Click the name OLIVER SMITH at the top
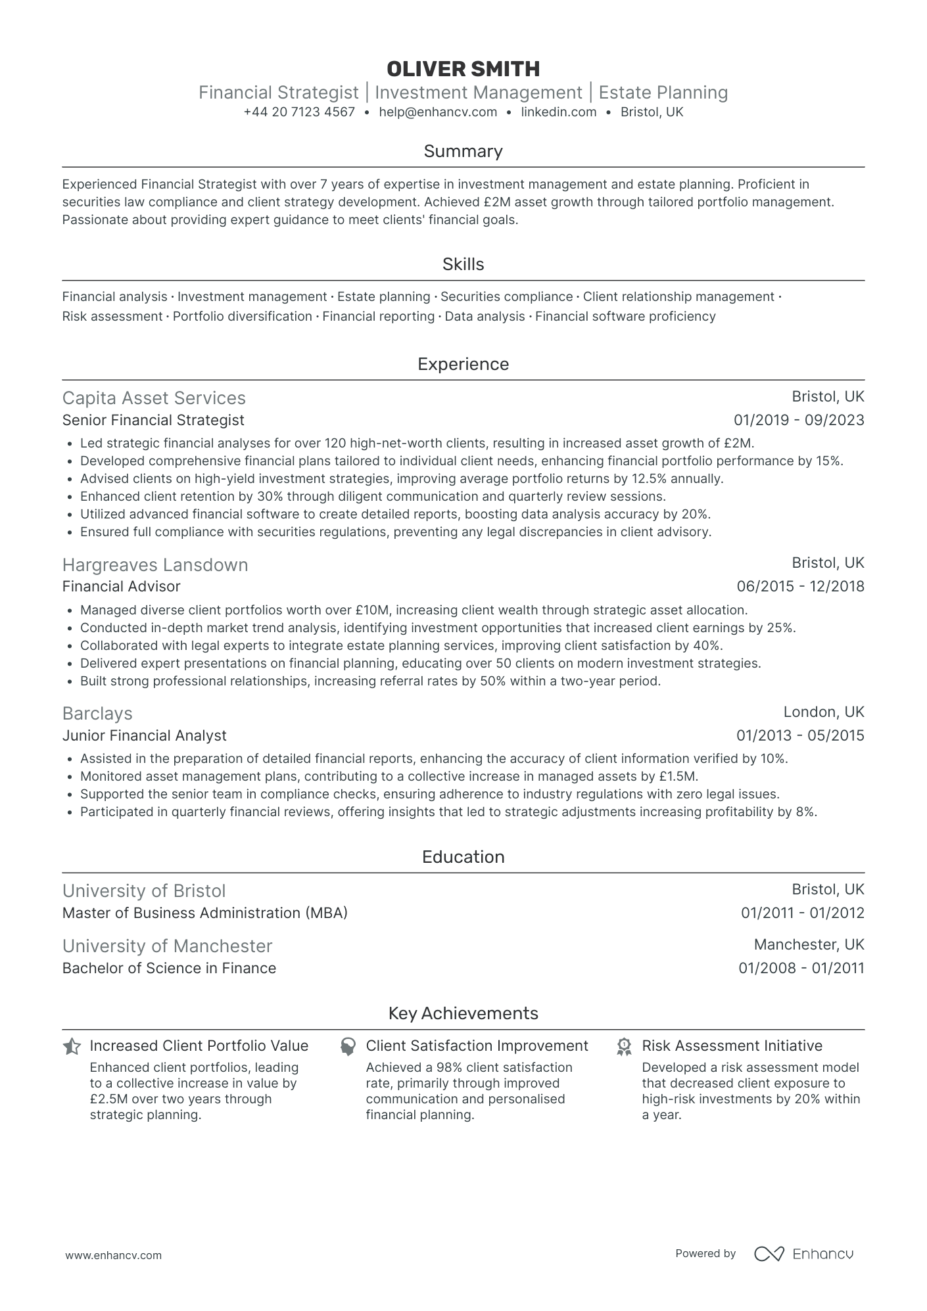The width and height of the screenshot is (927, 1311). pyautogui.click(x=463, y=68)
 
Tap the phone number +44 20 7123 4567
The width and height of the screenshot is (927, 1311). pyautogui.click(x=299, y=112)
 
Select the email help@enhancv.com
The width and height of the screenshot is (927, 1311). pyautogui.click(x=438, y=112)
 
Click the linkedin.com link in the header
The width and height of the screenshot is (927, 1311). pyautogui.click(x=558, y=112)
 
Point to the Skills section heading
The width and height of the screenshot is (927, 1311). pyautogui.click(x=463, y=264)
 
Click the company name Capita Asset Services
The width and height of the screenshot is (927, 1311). pyautogui.click(x=154, y=398)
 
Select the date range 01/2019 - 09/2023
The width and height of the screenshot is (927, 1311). pyautogui.click(x=799, y=420)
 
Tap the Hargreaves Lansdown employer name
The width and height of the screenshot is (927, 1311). pyautogui.click(x=155, y=565)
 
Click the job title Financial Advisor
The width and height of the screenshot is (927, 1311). pyautogui.click(x=121, y=586)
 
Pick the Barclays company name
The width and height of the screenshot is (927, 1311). pyautogui.click(x=97, y=714)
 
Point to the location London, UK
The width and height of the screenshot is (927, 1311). pyautogui.click(x=824, y=712)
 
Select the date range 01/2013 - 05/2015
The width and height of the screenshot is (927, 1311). pyautogui.click(x=800, y=735)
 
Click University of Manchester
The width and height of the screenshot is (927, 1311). pyautogui.click(x=167, y=946)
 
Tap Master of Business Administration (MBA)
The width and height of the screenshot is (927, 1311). pyautogui.click(x=205, y=913)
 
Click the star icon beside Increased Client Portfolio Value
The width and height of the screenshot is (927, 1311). pyautogui.click(x=72, y=1046)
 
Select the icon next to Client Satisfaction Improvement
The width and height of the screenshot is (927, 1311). pyautogui.click(x=348, y=1046)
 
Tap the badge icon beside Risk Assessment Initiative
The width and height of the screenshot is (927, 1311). pyautogui.click(x=624, y=1046)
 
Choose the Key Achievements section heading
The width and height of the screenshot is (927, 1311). pyautogui.click(x=463, y=1013)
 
